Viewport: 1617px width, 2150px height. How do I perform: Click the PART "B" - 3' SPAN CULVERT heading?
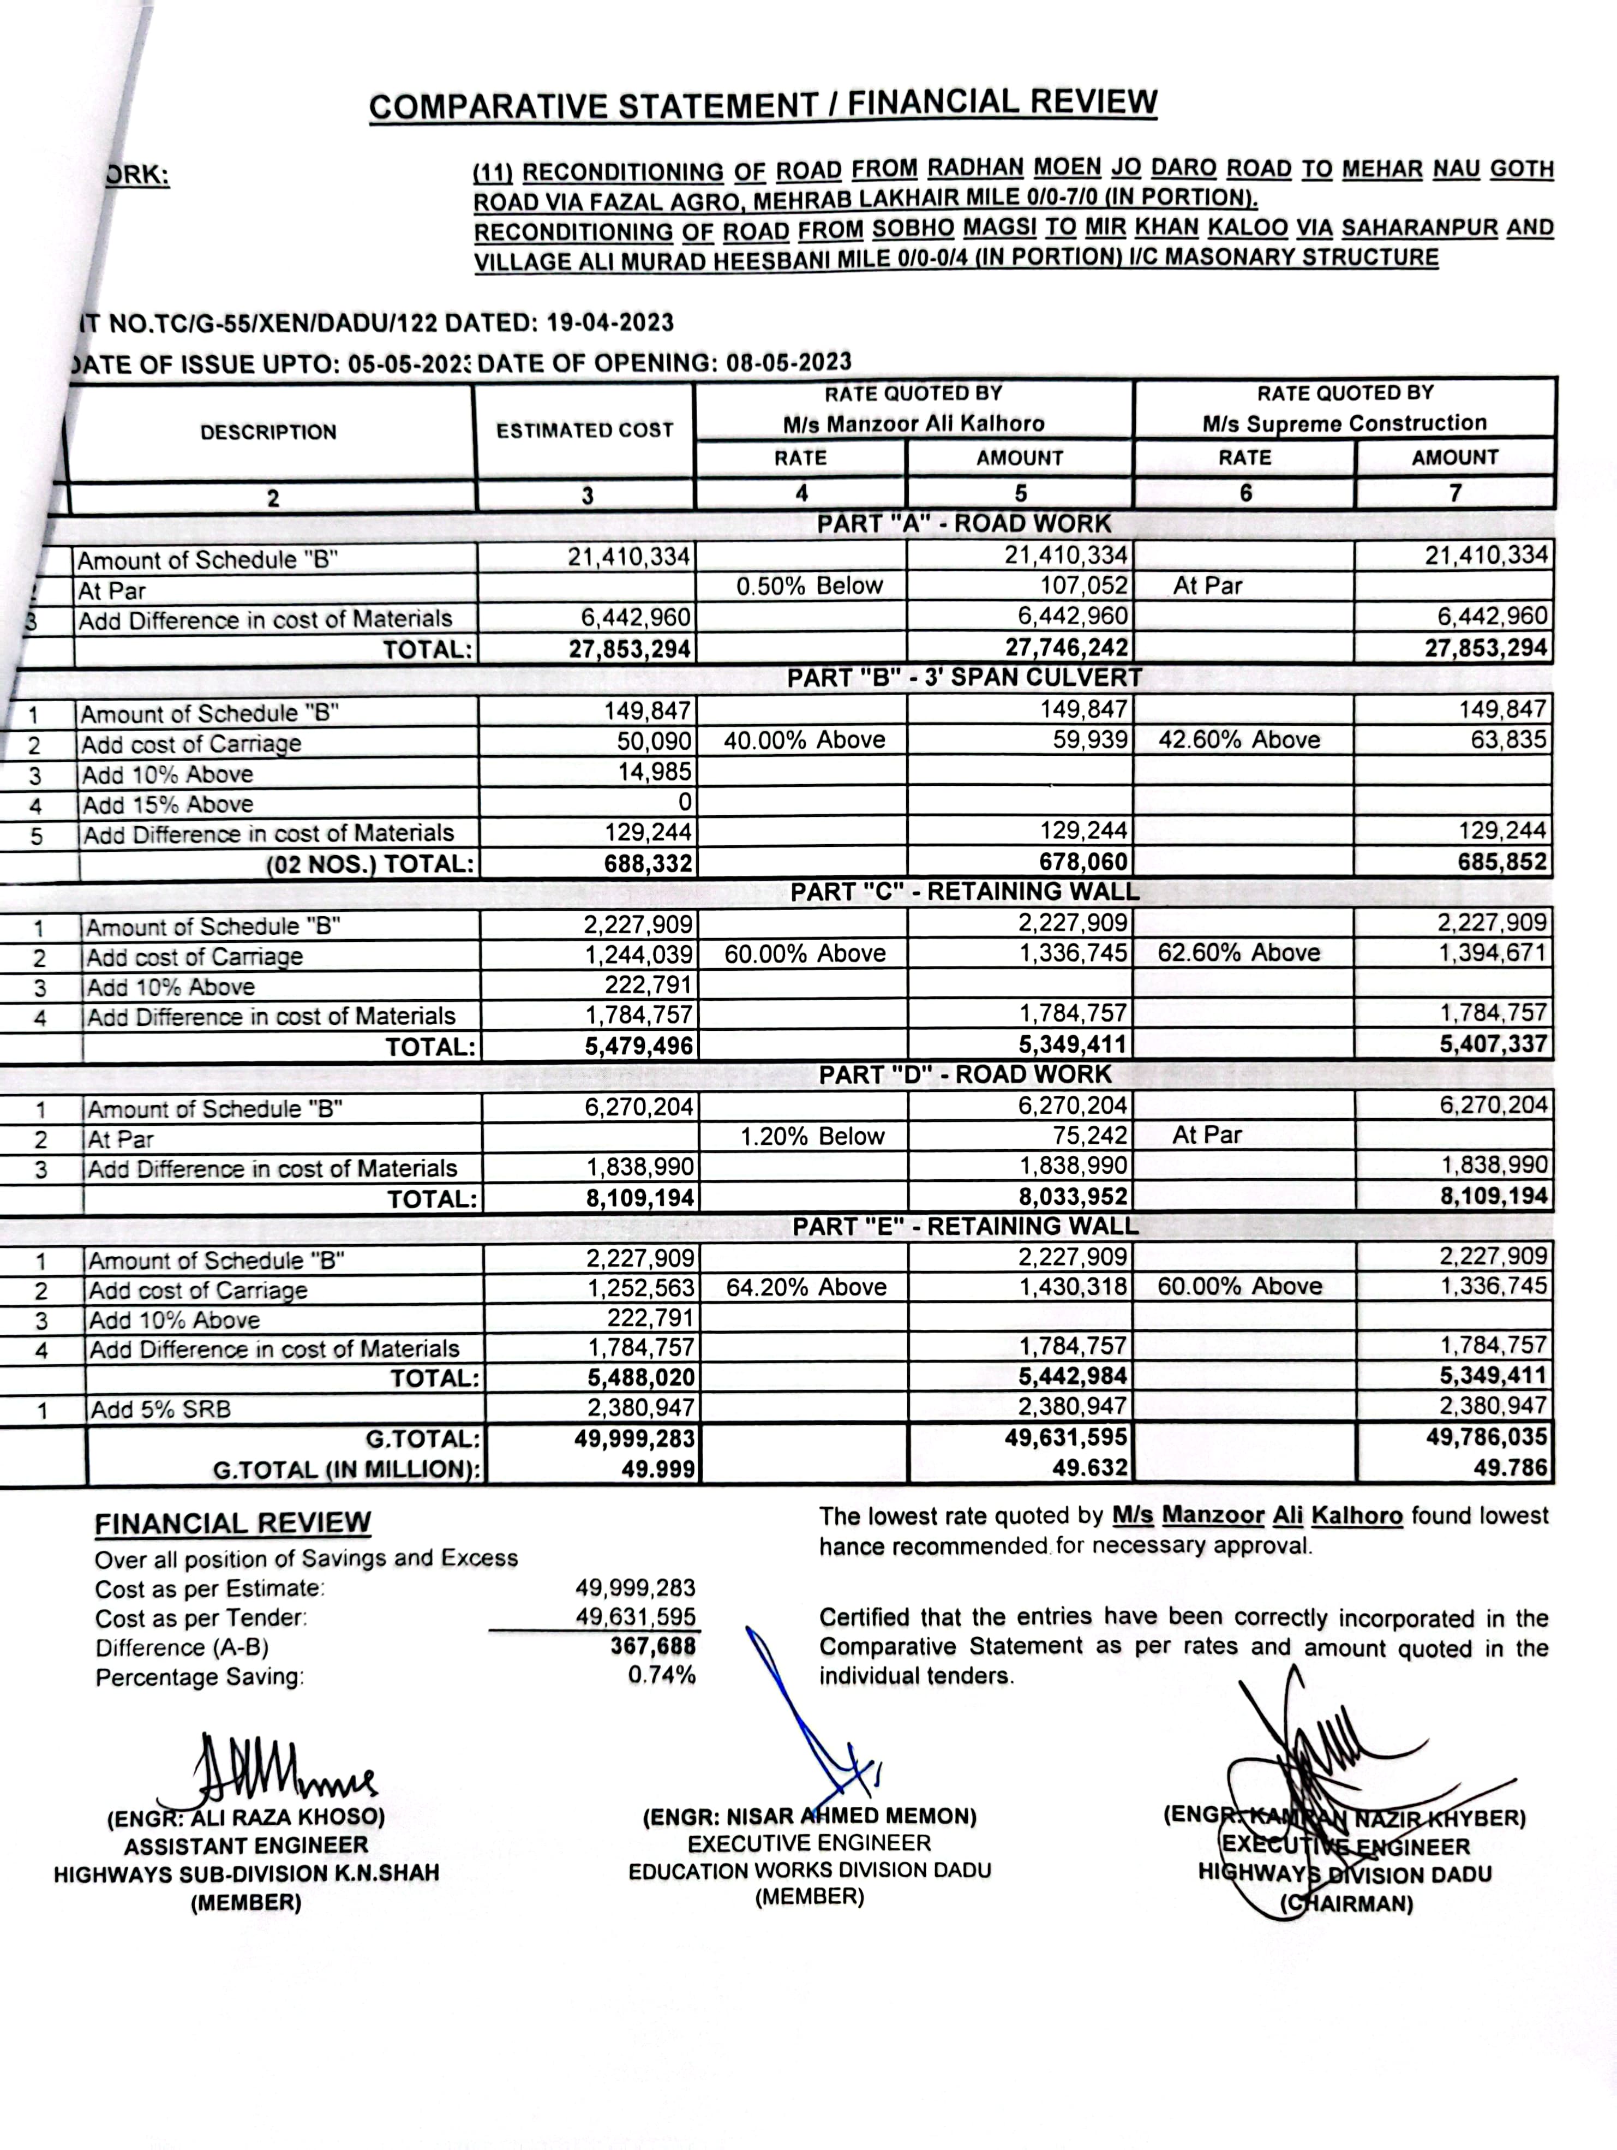click(964, 677)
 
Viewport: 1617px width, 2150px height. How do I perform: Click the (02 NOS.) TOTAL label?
click(370, 864)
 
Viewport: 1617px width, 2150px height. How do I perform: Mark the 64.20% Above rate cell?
click(806, 1287)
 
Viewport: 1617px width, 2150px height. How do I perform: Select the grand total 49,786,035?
click(1487, 1437)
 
